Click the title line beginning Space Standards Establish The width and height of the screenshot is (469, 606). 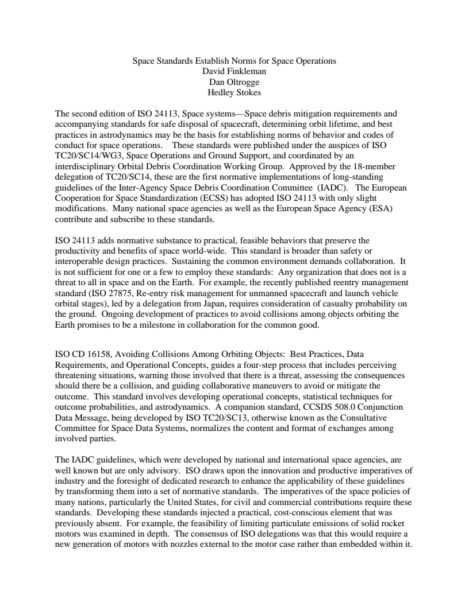[x=234, y=61]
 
